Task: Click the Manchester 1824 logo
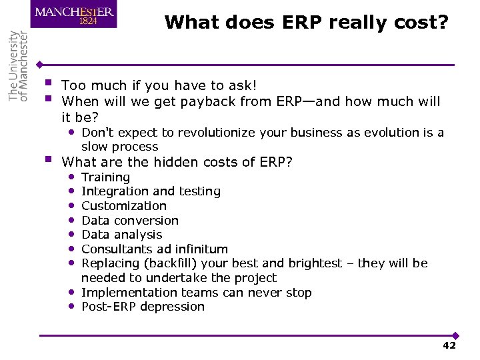(73, 15)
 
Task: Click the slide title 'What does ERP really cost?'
(307, 22)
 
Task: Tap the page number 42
(449, 345)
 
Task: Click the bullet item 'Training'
(105, 177)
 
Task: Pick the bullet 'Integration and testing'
(151, 191)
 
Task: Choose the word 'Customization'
(124, 206)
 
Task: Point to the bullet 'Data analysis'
(122, 235)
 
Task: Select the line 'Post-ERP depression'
(143, 307)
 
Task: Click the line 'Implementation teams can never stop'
(196, 293)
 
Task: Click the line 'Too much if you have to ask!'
(159, 85)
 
